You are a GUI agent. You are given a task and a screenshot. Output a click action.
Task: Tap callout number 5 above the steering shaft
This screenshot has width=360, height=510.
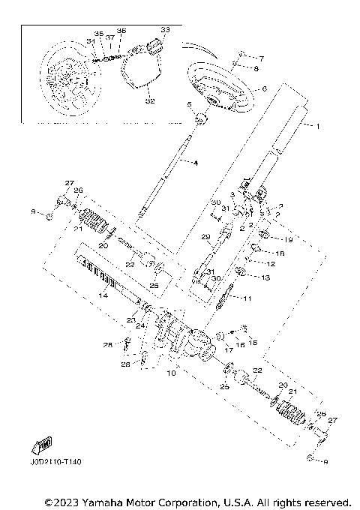(x=189, y=104)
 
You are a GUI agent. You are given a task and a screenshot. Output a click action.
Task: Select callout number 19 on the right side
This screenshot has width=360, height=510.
(x=289, y=239)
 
